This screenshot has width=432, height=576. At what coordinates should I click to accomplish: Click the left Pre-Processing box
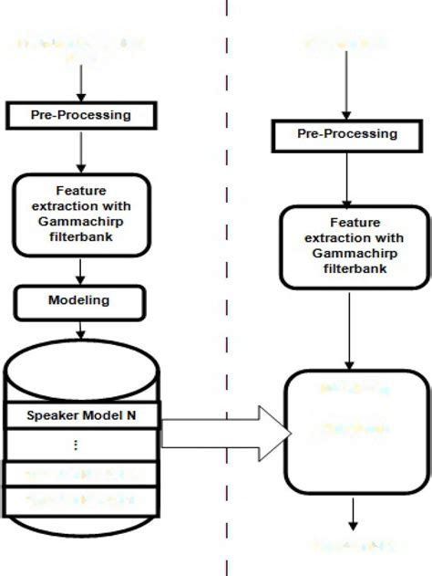82,115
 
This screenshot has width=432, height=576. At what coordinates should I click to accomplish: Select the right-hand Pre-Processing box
347,134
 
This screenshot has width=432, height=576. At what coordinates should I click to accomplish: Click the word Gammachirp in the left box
82,220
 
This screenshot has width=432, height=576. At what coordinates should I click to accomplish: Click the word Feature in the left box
82,192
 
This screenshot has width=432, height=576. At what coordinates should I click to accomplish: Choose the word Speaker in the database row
54,416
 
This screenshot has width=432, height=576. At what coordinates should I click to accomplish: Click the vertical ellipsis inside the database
76,445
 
